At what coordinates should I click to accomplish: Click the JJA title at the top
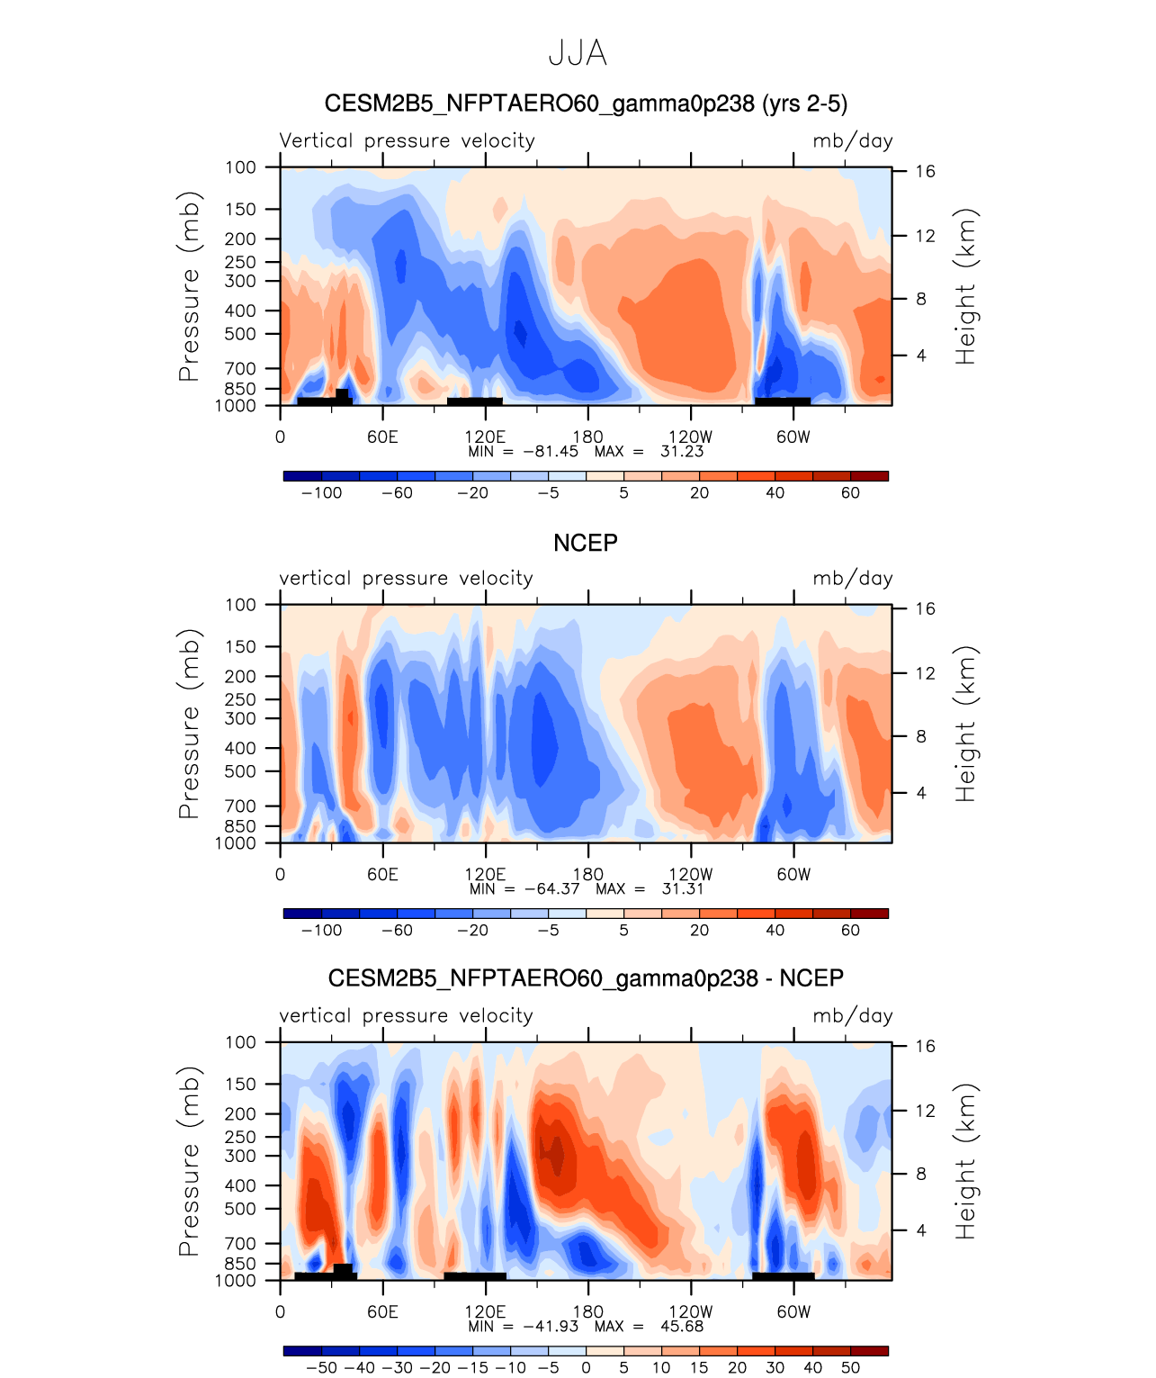(x=578, y=54)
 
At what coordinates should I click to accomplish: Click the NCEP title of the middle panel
(x=585, y=544)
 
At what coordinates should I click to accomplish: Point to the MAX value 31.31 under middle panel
(x=682, y=889)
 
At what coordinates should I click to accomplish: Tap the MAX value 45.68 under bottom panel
(x=681, y=1327)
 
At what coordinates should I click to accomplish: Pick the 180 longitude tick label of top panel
(x=588, y=437)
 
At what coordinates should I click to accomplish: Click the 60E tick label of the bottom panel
(x=382, y=1312)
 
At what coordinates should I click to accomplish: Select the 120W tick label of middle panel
(x=690, y=875)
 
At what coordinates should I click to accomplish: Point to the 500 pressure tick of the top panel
(x=240, y=334)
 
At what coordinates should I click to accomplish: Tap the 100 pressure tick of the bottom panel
(x=240, y=1042)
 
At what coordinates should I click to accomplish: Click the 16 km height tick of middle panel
(x=926, y=609)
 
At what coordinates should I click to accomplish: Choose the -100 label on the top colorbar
(x=321, y=493)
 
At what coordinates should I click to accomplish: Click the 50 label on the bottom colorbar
(x=850, y=1368)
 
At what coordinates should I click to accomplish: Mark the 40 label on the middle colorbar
(x=775, y=931)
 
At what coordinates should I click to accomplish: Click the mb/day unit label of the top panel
(x=852, y=141)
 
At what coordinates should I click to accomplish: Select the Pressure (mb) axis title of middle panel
(x=189, y=724)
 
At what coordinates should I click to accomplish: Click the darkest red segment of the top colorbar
(x=869, y=476)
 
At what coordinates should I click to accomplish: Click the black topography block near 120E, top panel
(x=474, y=401)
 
